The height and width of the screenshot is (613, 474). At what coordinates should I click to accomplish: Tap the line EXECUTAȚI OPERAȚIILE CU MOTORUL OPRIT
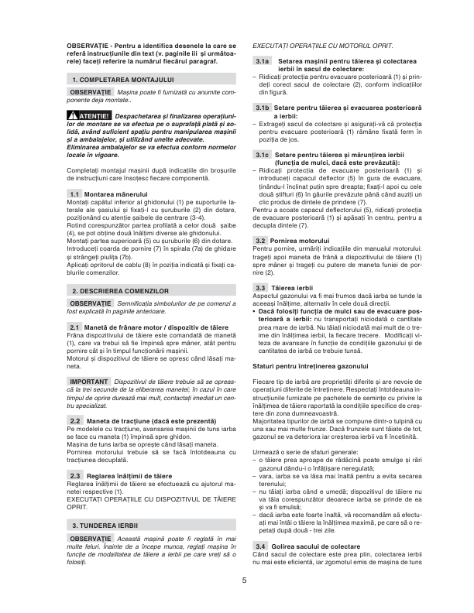pyautogui.click(x=322, y=46)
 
